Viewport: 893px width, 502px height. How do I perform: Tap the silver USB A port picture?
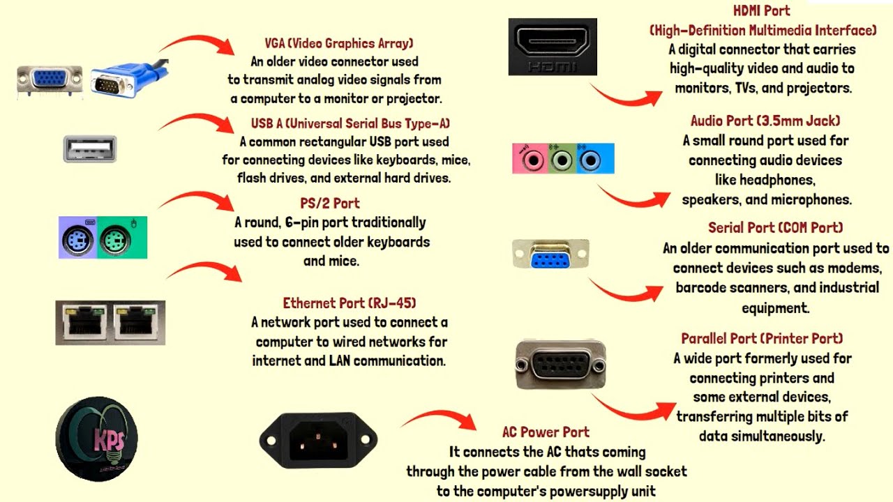[89, 149]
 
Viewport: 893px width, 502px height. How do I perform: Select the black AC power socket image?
[318, 439]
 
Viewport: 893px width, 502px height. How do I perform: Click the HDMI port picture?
[553, 46]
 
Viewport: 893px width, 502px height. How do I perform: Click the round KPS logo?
[96, 439]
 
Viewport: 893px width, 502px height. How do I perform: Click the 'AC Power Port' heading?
[546, 432]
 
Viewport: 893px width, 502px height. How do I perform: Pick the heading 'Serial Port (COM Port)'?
[775, 228]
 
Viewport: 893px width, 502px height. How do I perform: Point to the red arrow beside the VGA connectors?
[197, 45]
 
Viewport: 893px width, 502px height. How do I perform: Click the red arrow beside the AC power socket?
[438, 420]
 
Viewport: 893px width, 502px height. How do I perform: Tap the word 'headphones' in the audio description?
[776, 180]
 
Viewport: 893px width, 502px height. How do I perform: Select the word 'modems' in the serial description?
[859, 268]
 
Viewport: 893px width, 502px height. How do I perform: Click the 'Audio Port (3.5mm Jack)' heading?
[765, 121]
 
